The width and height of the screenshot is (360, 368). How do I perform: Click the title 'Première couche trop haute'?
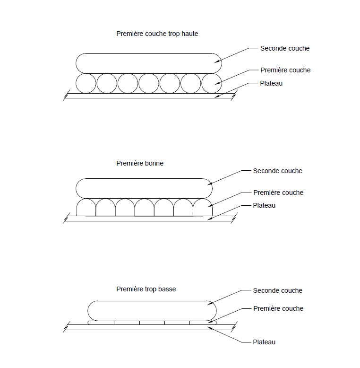click(157, 34)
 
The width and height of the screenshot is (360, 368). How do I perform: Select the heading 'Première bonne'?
click(140, 163)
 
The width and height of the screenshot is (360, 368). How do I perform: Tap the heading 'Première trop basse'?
click(146, 289)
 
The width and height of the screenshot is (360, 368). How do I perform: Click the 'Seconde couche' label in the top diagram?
click(285, 48)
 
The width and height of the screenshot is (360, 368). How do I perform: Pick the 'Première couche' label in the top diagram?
click(285, 70)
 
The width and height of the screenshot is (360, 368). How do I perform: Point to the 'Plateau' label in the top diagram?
click(272, 83)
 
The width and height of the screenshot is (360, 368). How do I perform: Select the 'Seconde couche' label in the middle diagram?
click(278, 171)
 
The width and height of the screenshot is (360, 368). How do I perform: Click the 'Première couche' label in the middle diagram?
click(278, 193)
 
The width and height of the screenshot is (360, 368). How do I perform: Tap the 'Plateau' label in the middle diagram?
click(264, 206)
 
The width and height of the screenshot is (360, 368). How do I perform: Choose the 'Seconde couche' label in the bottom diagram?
click(278, 290)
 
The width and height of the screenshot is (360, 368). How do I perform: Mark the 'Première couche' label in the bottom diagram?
click(278, 308)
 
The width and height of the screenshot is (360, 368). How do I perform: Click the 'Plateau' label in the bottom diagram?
click(264, 342)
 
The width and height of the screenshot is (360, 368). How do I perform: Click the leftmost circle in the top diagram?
click(86, 84)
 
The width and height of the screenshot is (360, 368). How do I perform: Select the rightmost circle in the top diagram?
click(211, 84)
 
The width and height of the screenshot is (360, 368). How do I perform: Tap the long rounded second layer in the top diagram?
click(148, 63)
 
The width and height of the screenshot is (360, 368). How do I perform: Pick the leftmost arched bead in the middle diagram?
click(86, 208)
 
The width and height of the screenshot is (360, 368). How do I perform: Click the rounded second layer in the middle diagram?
click(144, 188)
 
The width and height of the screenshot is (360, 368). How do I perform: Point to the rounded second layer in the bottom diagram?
click(152, 310)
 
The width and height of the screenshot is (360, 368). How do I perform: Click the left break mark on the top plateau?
click(67, 96)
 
